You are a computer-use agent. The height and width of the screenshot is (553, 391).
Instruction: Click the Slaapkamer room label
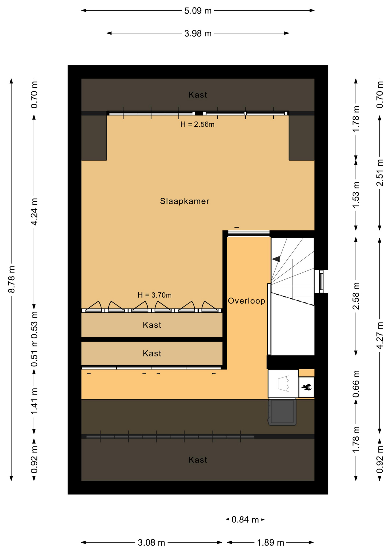[185, 201]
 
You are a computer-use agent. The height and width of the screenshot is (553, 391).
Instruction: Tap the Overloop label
[246, 301]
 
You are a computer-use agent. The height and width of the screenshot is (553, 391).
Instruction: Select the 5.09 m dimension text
[198, 11]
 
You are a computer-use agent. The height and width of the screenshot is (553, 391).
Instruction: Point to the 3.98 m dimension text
[198, 33]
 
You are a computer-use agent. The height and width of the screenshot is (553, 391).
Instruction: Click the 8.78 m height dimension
[12, 279]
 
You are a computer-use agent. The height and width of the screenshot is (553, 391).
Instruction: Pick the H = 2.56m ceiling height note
[198, 124]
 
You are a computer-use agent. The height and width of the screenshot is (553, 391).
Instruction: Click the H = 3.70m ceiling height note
[155, 295]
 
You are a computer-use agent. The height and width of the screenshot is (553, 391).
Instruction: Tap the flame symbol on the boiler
[306, 387]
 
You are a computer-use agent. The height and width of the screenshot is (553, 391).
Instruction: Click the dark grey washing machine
[282, 412]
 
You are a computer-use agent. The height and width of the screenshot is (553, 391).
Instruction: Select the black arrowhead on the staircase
[276, 259]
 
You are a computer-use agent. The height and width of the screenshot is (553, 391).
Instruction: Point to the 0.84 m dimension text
[245, 520]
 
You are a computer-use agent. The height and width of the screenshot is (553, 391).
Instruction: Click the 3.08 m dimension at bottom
[151, 543]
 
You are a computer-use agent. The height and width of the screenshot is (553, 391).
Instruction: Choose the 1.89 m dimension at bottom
[270, 543]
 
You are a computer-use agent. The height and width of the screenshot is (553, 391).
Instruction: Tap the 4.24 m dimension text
[34, 212]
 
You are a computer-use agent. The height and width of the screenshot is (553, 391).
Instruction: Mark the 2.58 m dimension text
[356, 296]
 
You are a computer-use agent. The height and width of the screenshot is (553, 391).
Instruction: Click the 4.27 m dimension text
[380, 336]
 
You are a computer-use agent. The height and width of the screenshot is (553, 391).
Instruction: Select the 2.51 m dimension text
[380, 173]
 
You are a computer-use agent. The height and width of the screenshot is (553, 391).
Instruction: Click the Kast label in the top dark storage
[198, 95]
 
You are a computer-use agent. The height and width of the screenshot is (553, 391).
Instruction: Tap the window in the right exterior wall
[321, 281]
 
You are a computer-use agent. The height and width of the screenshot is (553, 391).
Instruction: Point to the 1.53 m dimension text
[356, 195]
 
